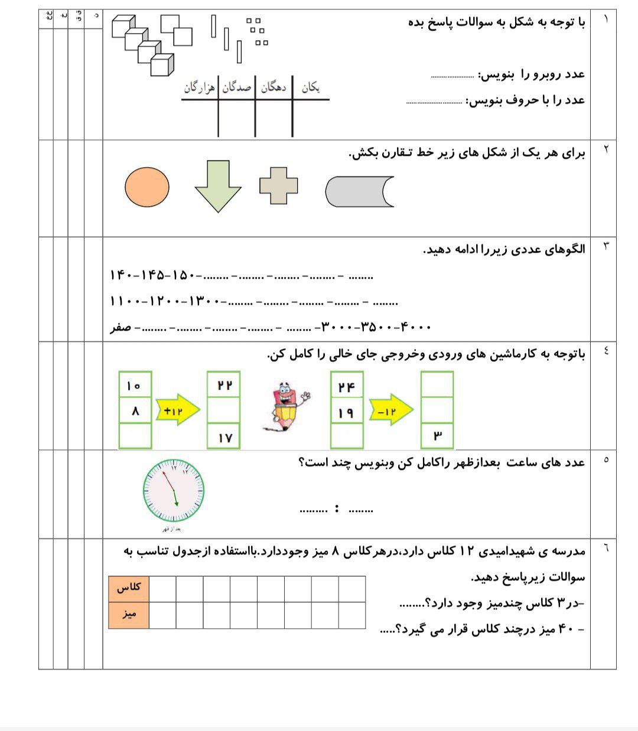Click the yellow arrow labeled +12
point(177,410)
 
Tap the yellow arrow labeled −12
point(390,410)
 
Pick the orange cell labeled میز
point(129,615)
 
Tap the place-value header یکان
point(311,88)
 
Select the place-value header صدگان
point(237,88)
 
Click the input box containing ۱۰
point(135,386)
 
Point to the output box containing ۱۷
point(224,438)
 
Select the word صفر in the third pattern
point(121,327)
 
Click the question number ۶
point(604,549)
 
